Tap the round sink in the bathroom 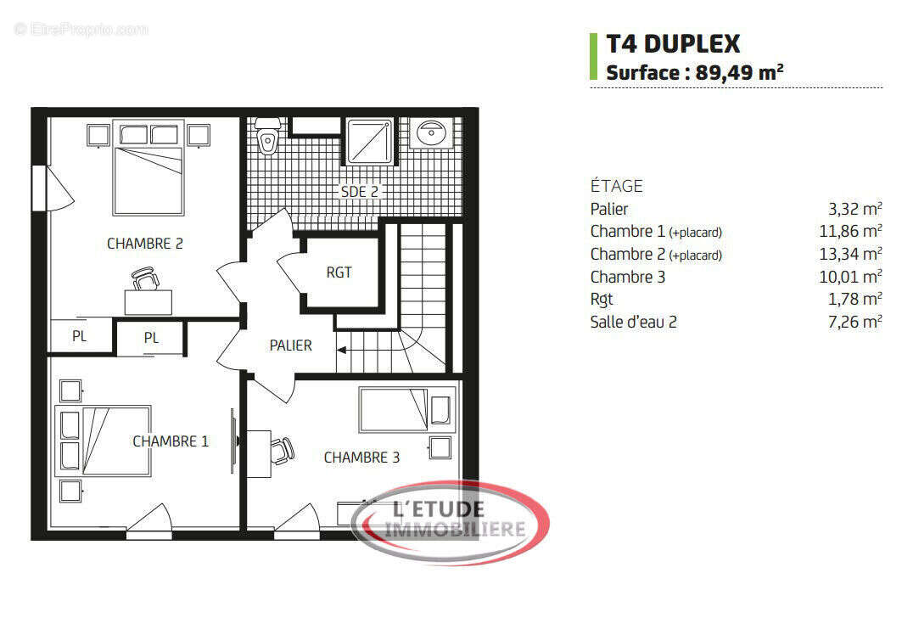click(x=433, y=132)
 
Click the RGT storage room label click(x=339, y=272)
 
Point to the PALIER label click(x=290, y=345)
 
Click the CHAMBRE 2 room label click(x=145, y=244)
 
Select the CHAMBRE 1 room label click(x=171, y=441)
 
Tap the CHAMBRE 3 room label click(x=361, y=458)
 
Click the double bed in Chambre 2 click(x=148, y=179)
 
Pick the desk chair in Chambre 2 click(x=146, y=278)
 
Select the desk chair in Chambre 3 click(x=283, y=449)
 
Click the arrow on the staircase click(x=343, y=348)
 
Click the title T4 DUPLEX click(x=673, y=43)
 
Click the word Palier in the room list click(x=609, y=209)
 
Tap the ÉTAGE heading click(x=617, y=186)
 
